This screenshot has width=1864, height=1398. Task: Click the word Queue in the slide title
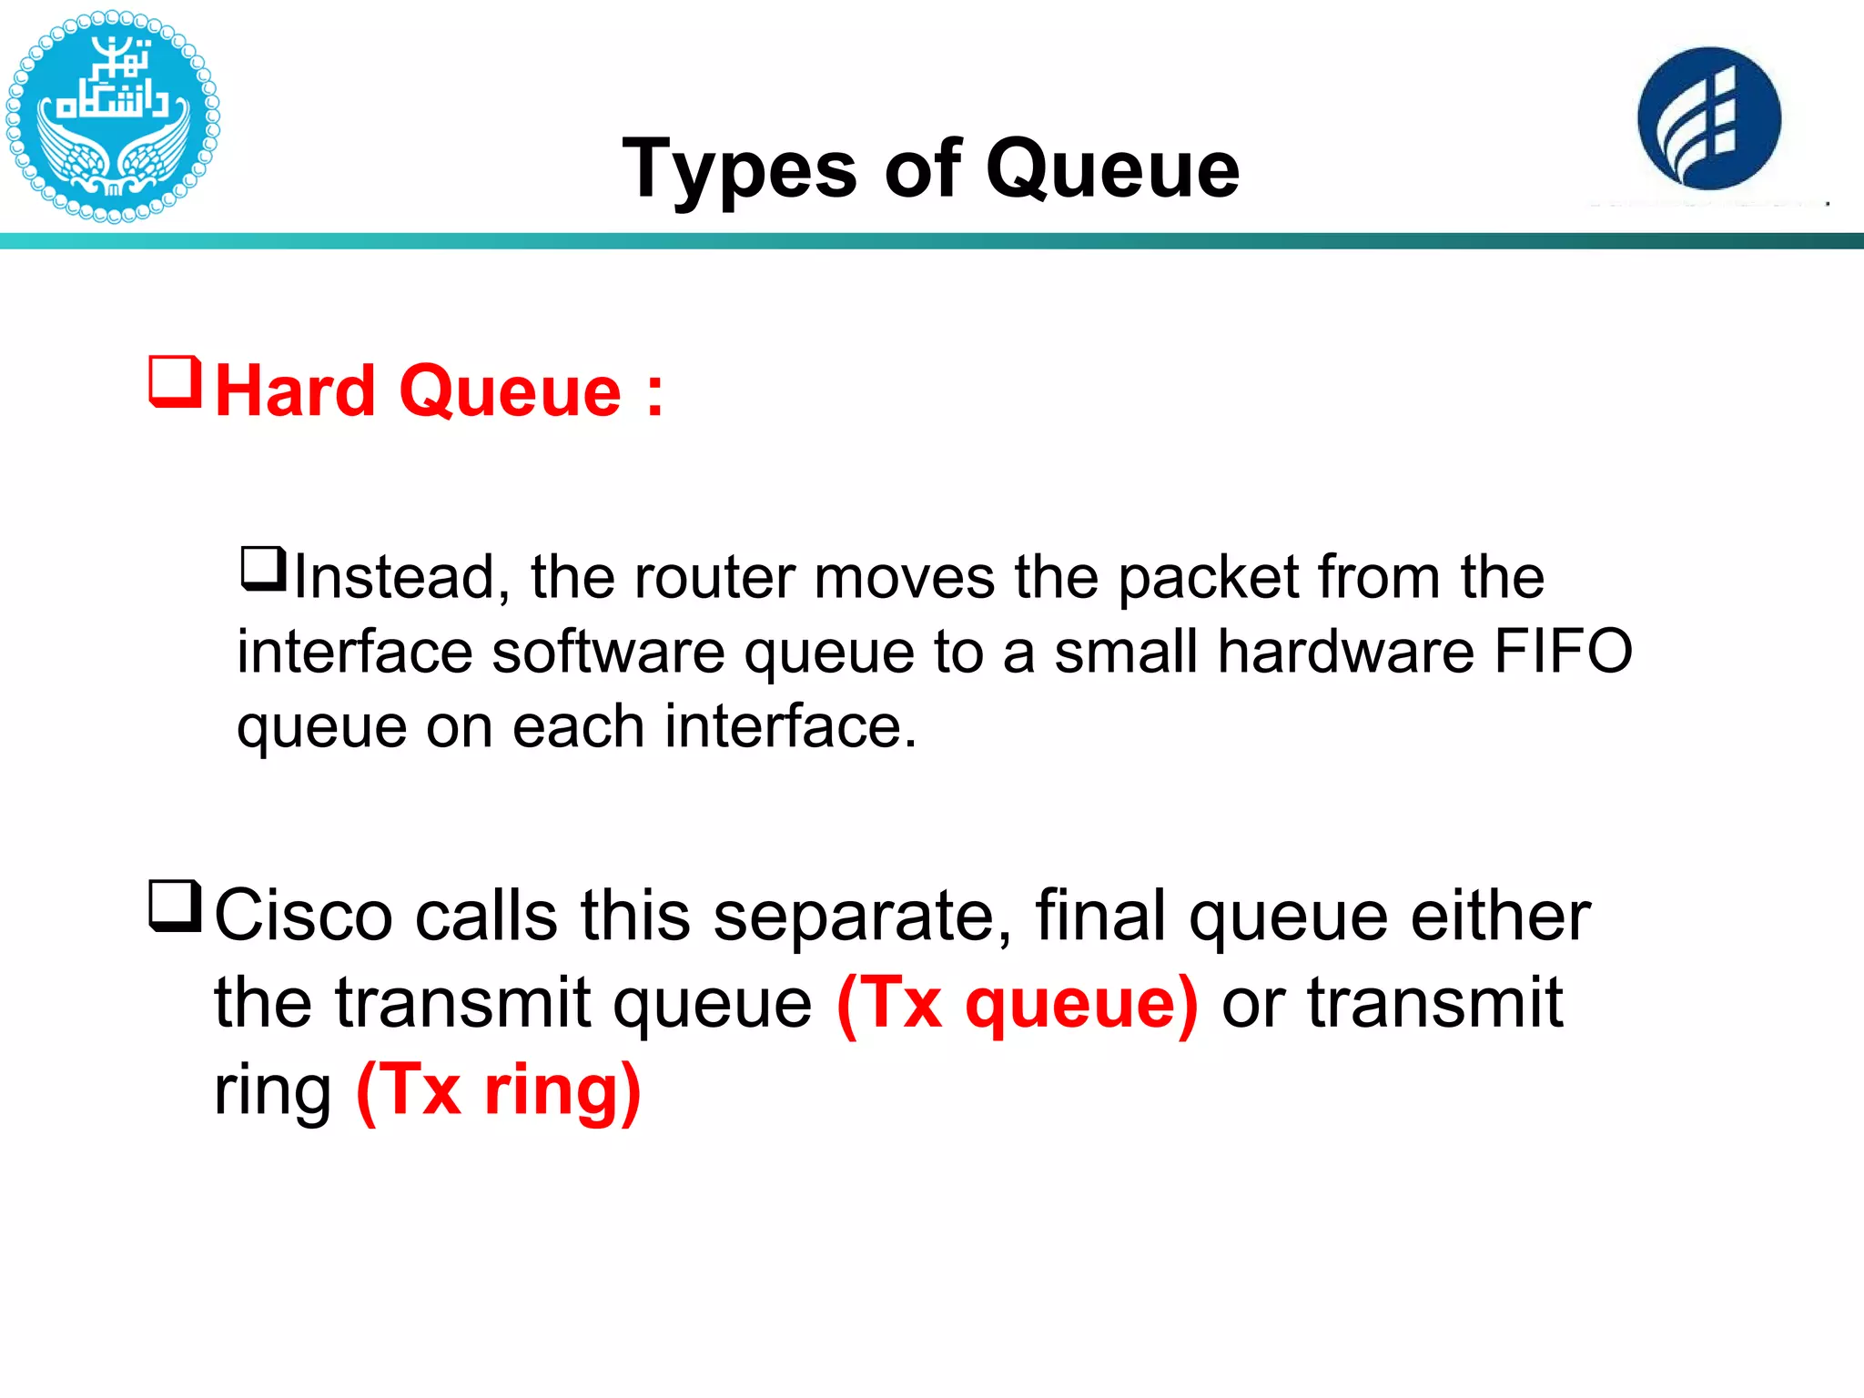tap(1112, 169)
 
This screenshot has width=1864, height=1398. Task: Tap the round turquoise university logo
tap(112, 116)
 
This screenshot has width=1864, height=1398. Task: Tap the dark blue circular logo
tap(1708, 118)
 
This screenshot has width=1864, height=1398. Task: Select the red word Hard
tap(296, 391)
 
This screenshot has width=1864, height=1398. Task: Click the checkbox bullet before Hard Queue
tap(175, 381)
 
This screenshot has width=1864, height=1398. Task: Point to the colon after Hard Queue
tap(654, 395)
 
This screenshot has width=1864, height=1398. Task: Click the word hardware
tap(1345, 652)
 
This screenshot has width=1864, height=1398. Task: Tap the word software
tap(609, 652)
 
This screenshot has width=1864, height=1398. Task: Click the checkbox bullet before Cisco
tap(175, 906)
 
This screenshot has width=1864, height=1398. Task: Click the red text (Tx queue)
tap(1017, 1003)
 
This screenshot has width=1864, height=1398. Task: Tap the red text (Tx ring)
tap(499, 1089)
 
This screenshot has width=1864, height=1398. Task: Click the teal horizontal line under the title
tap(932, 241)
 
